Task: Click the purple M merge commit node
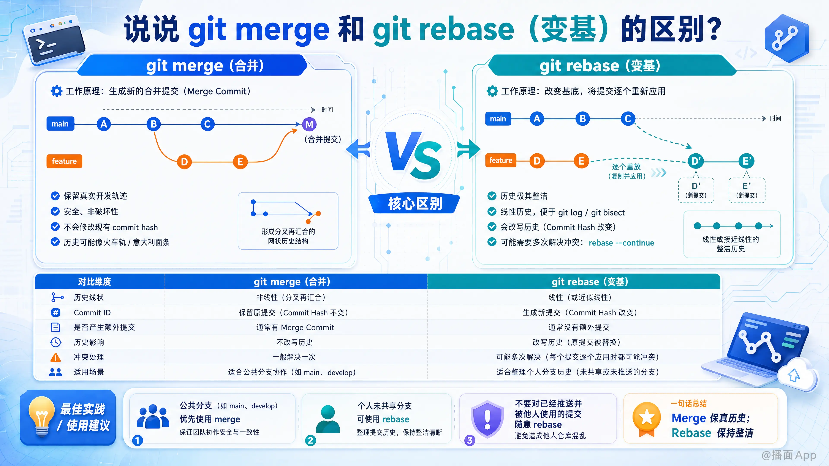point(309,124)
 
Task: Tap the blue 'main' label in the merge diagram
point(60,124)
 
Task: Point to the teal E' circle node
point(747,161)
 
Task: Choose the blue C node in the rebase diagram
point(628,119)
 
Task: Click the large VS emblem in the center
point(414,155)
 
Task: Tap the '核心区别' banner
point(414,204)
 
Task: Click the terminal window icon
point(54,41)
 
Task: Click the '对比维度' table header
point(94,282)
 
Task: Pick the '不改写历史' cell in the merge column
point(294,342)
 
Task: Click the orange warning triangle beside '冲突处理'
point(55,357)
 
